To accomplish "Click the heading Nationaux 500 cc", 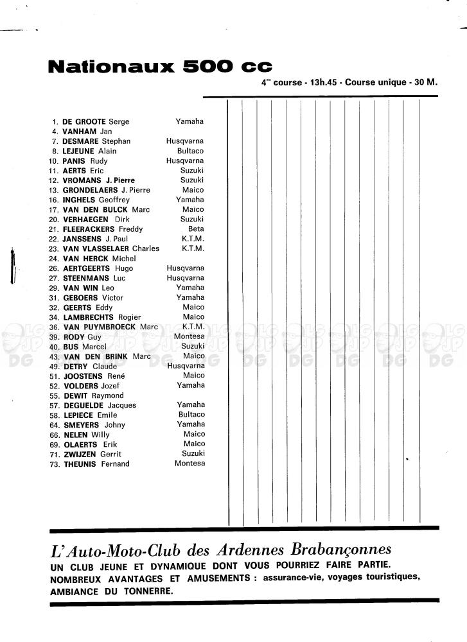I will pyautogui.click(x=161, y=66).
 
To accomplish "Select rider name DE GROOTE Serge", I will pyautogui.click(x=96, y=121).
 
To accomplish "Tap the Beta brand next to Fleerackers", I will pyautogui.click(x=196, y=229).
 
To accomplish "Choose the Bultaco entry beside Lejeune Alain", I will pyautogui.click(x=191, y=151).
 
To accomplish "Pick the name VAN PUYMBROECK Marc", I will pyautogui.click(x=110, y=327).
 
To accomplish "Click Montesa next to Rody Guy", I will pyautogui.click(x=189, y=337).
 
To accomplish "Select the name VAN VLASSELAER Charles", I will pyautogui.click(x=111, y=248).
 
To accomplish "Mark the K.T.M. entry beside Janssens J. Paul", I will pyautogui.click(x=193, y=239).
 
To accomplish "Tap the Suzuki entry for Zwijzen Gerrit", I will pyautogui.click(x=193, y=454).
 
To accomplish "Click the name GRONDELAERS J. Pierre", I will pyautogui.click(x=107, y=190).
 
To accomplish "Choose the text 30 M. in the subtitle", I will pyautogui.click(x=426, y=83).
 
